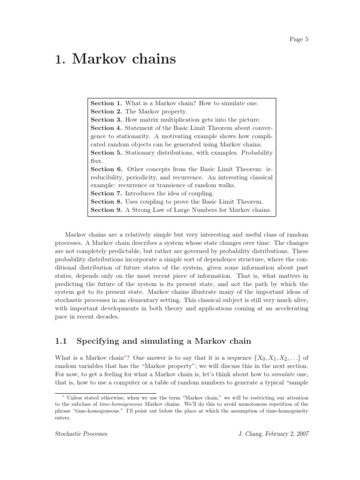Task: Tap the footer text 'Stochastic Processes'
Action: [x=81, y=434]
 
